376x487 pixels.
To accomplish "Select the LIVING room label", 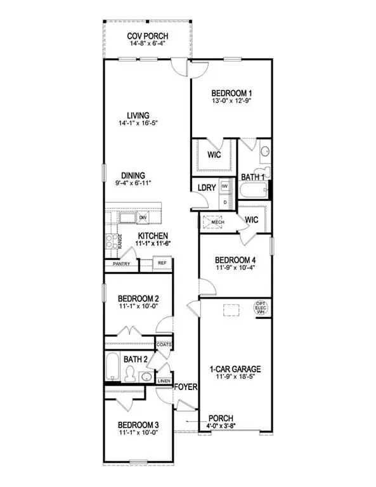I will click(137, 115).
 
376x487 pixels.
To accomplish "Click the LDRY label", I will click(207, 188).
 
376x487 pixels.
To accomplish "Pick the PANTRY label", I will click(121, 263).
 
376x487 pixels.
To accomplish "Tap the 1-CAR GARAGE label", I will click(235, 368).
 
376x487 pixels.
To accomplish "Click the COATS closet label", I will click(164, 344).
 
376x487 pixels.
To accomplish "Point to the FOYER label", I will click(183, 386).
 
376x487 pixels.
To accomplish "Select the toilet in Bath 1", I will click(264, 152).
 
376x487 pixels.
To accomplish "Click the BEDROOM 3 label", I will click(138, 425).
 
